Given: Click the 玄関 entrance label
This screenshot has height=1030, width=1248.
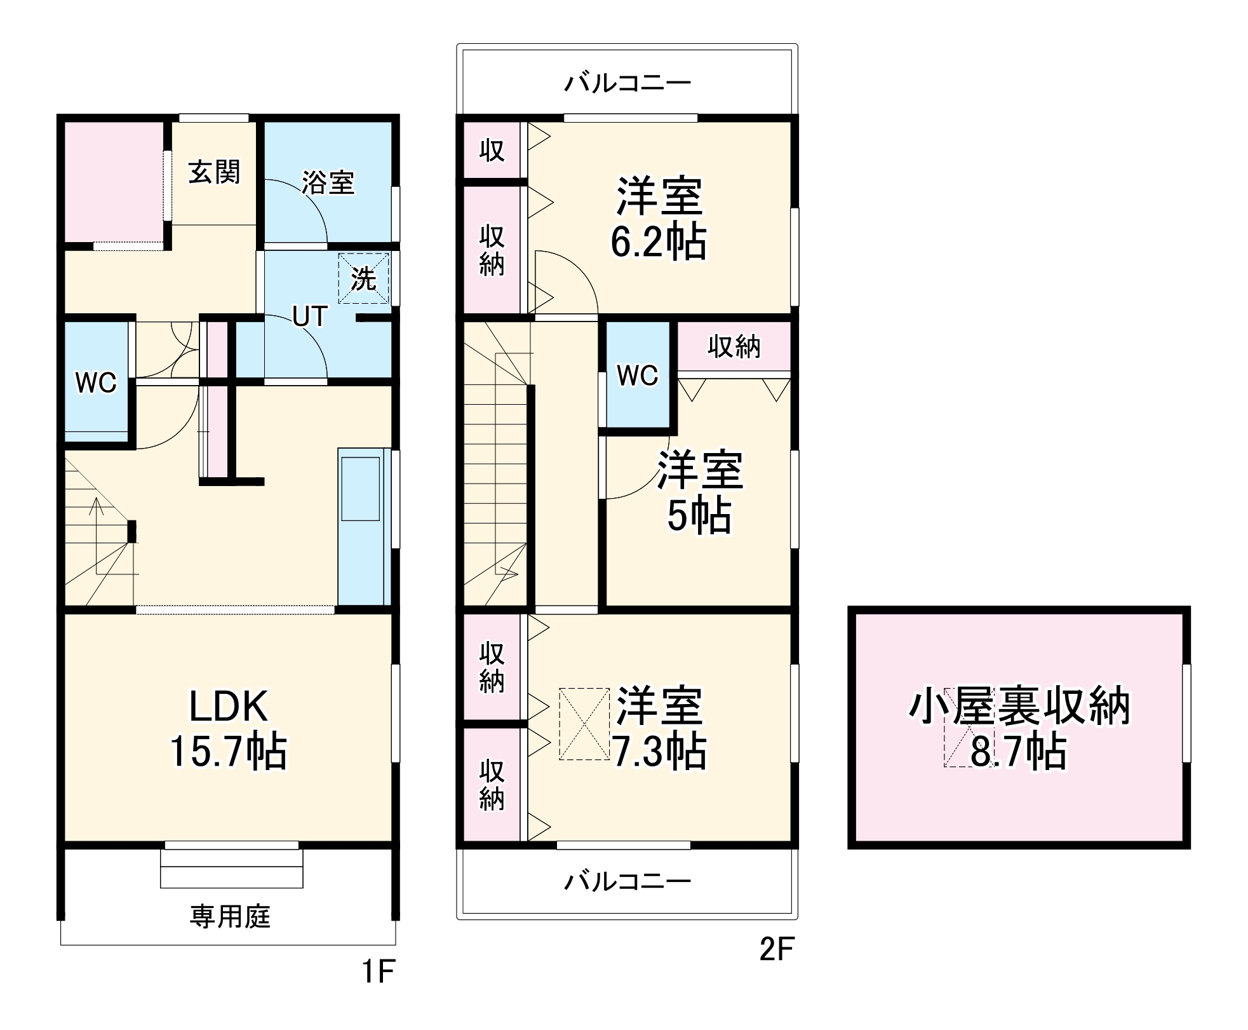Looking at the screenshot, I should pyautogui.click(x=214, y=172).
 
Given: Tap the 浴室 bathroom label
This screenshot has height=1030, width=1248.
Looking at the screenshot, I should pyautogui.click(x=327, y=182).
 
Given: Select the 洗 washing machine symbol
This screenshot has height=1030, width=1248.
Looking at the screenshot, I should pyautogui.click(x=363, y=278).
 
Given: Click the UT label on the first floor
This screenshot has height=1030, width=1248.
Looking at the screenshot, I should pyautogui.click(x=309, y=316).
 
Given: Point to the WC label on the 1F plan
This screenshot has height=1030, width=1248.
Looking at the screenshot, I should pyautogui.click(x=96, y=383).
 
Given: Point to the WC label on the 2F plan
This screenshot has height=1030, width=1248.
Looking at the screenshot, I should pyautogui.click(x=638, y=376).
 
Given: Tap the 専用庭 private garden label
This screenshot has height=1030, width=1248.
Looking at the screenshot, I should pyautogui.click(x=230, y=916).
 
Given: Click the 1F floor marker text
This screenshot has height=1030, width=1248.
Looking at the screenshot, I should pyautogui.click(x=379, y=972).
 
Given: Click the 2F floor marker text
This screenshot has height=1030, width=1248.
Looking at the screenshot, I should pyautogui.click(x=777, y=949).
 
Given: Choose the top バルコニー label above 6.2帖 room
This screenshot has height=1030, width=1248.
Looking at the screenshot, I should pyautogui.click(x=627, y=83).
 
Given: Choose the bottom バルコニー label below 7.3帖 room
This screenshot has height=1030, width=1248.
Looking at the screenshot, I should pyautogui.click(x=627, y=881).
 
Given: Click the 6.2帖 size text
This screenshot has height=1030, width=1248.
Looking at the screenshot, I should pyautogui.click(x=659, y=242).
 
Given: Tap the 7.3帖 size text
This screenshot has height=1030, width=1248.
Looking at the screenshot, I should pyautogui.click(x=659, y=751).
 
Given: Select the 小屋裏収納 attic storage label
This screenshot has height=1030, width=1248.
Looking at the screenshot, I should pyautogui.click(x=1019, y=707).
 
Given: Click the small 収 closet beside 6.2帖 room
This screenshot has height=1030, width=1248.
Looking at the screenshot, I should pyautogui.click(x=492, y=151).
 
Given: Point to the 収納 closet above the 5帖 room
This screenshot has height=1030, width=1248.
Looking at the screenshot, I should pyautogui.click(x=734, y=347).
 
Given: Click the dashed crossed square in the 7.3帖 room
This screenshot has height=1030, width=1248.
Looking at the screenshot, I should pyautogui.click(x=584, y=724).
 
